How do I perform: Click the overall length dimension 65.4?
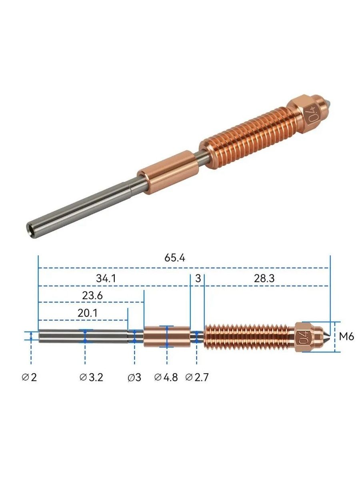[174, 258]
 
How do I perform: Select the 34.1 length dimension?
[106, 278]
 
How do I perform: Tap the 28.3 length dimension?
[264, 278]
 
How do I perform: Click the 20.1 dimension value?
[88, 313]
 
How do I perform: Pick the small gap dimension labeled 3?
[198, 278]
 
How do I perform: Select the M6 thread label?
[346, 336]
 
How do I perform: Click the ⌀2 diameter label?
[29, 377]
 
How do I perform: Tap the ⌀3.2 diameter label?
[91, 377]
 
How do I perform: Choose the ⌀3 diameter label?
[134, 377]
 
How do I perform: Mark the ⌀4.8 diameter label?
[166, 377]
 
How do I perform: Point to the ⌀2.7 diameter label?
[197, 377]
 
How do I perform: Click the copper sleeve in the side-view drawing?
[167, 336]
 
